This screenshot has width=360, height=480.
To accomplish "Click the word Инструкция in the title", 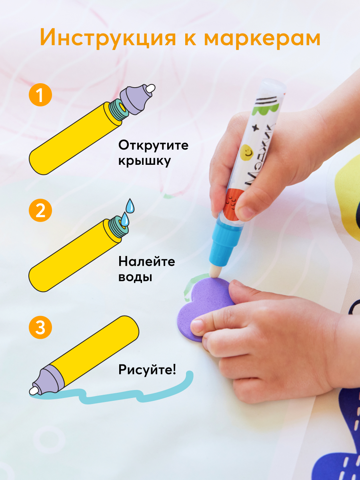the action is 108,38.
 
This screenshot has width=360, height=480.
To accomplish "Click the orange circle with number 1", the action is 40,95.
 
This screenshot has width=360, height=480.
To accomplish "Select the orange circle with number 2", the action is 40,210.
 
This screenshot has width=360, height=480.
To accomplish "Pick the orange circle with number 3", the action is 40,327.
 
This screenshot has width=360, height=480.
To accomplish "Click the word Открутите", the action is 153,146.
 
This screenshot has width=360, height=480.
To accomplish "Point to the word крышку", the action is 144,161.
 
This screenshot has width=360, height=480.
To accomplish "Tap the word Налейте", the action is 147,261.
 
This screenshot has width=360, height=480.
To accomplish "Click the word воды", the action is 135,277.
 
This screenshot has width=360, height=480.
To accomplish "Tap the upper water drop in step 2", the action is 130,206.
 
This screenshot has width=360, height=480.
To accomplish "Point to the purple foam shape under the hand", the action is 206,308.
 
